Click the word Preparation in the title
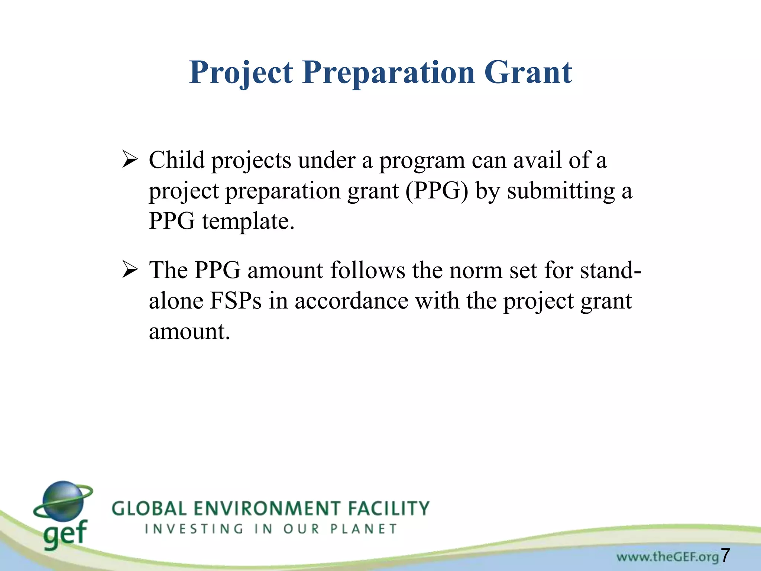(389, 73)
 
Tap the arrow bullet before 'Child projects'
(130, 161)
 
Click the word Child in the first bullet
(177, 161)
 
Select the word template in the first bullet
(248, 222)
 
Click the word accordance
(352, 301)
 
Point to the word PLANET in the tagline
(364, 529)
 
